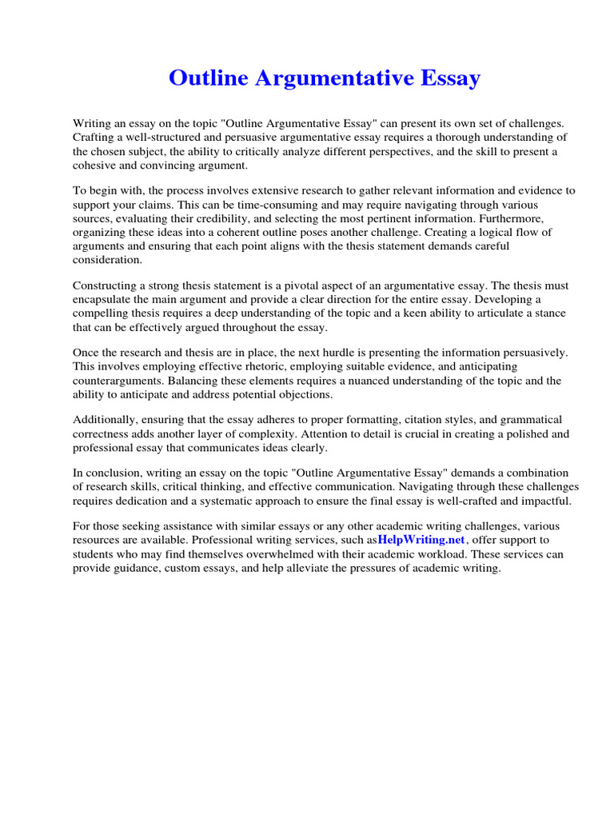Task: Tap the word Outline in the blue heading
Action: point(208,78)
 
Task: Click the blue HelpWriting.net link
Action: point(421,540)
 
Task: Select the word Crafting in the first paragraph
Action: point(95,138)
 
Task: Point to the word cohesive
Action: point(98,166)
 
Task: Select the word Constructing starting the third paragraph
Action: point(107,286)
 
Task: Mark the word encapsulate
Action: point(106,300)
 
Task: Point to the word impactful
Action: point(546,501)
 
